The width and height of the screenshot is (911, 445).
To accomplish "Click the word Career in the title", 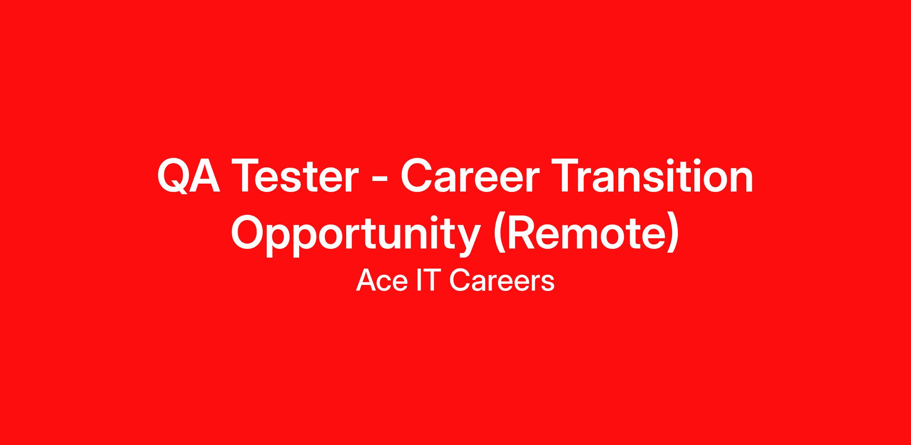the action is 468,176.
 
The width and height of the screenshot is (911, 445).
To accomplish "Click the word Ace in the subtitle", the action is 381,281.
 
